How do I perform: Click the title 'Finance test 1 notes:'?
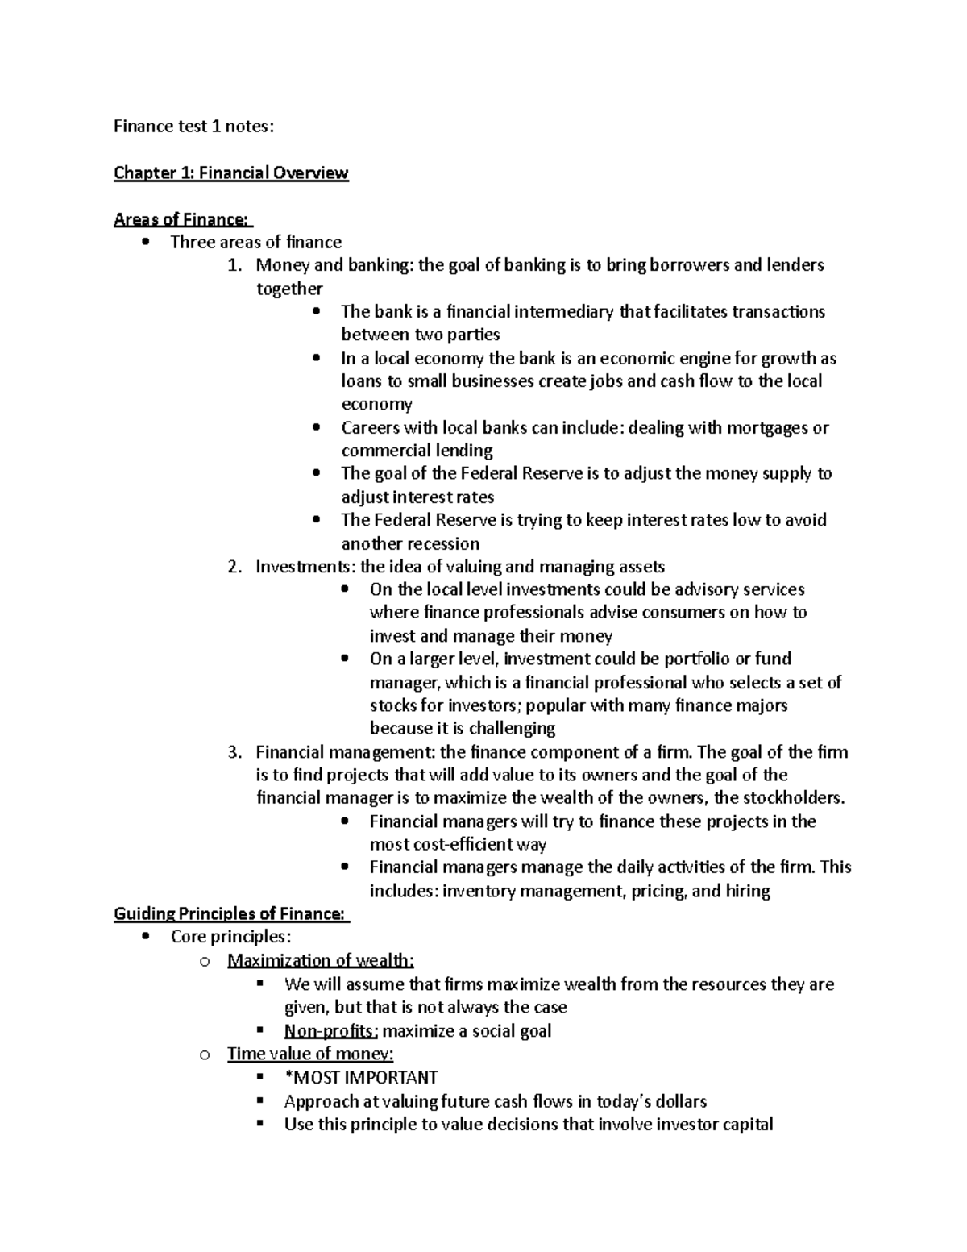(193, 126)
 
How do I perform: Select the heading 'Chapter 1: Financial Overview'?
(230, 173)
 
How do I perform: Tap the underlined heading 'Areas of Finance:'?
(183, 219)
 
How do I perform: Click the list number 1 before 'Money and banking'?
(234, 265)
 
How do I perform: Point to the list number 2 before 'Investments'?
(234, 567)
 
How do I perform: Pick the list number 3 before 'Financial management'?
(234, 752)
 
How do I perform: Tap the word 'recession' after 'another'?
(444, 543)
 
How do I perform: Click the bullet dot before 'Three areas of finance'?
(145, 242)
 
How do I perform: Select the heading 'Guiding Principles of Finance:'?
(231, 914)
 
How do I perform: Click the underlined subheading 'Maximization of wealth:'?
(321, 960)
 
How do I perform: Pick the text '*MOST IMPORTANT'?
(361, 1077)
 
